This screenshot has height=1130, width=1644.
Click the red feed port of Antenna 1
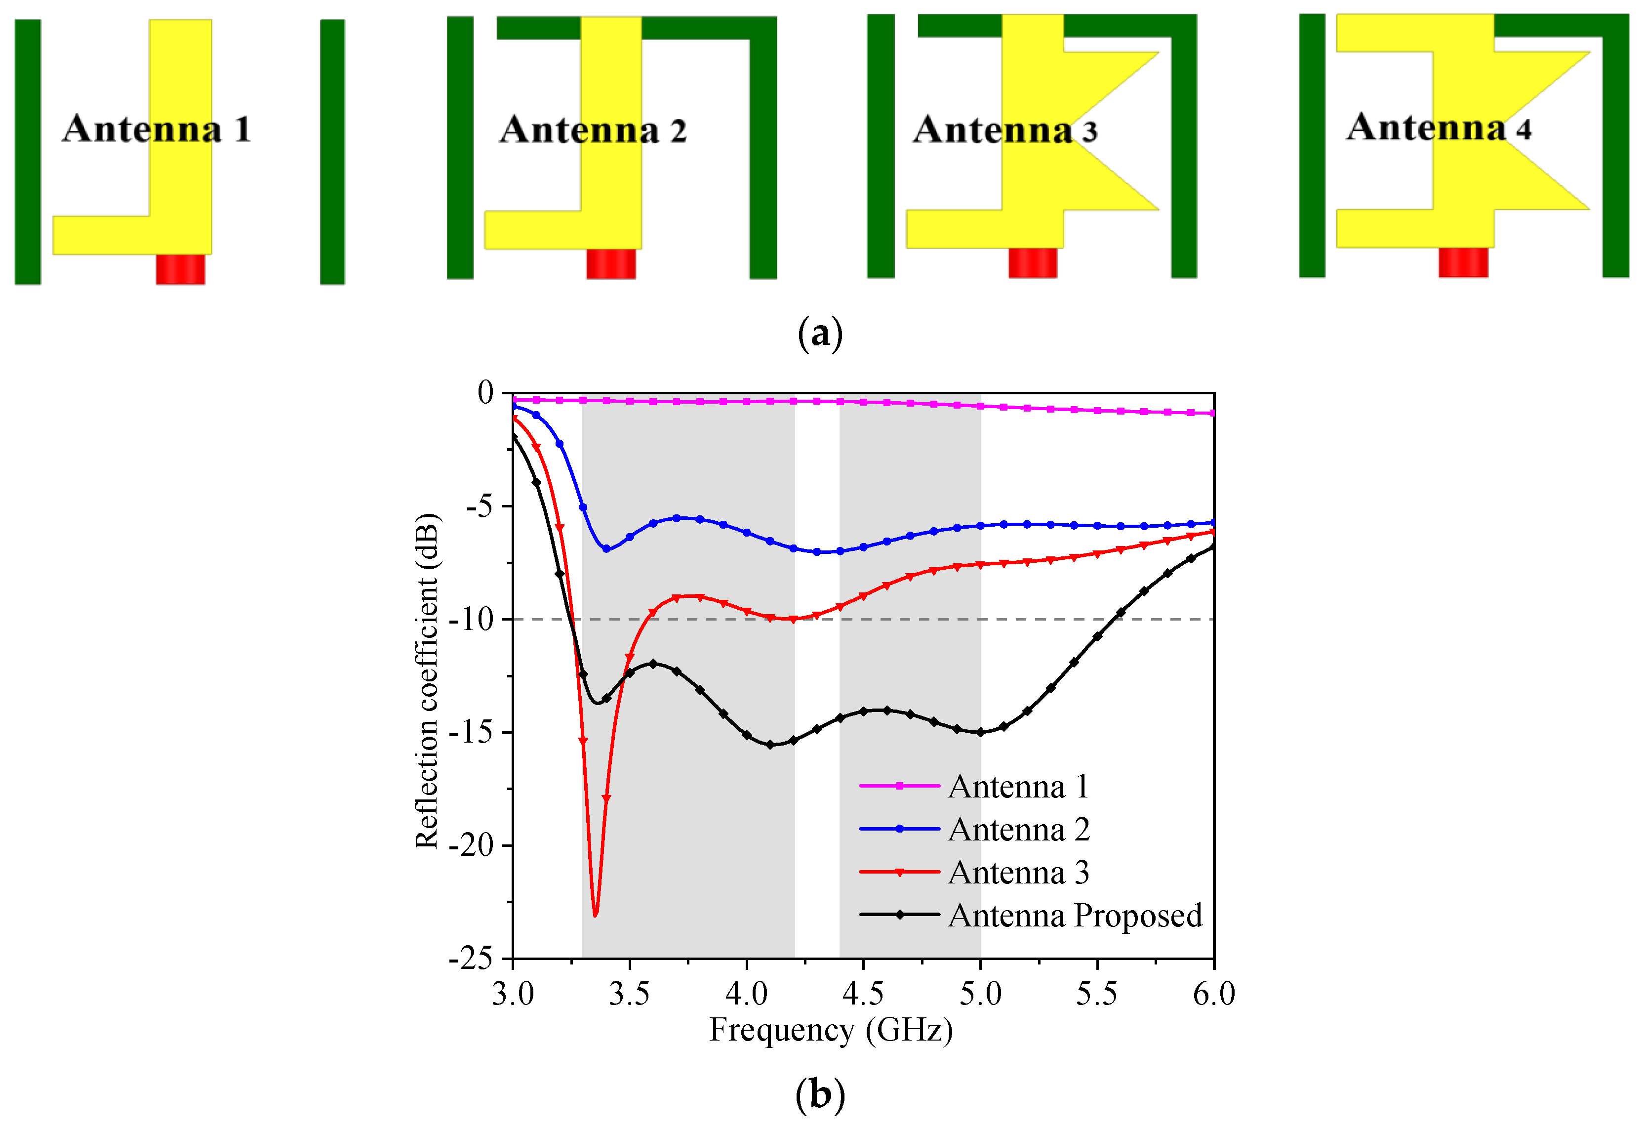click(x=180, y=270)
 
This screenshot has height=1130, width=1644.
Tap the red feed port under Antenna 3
click(x=1033, y=263)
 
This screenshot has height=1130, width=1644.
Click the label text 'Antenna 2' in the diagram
click(x=593, y=130)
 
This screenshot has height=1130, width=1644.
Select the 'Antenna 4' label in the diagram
click(x=1438, y=128)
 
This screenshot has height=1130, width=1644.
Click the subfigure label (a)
click(x=820, y=333)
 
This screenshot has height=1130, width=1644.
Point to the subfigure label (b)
click(x=820, y=1094)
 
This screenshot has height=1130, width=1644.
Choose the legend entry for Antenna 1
click(x=1018, y=786)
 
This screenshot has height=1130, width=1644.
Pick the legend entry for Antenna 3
click(x=1018, y=872)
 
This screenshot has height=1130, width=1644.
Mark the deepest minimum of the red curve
click(x=595, y=915)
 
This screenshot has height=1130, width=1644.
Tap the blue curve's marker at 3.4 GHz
click(x=606, y=549)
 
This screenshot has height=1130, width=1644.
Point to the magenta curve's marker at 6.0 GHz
click(x=1213, y=413)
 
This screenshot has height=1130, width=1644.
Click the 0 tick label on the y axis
click(x=485, y=392)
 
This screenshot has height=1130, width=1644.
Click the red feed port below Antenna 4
click(x=1463, y=262)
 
